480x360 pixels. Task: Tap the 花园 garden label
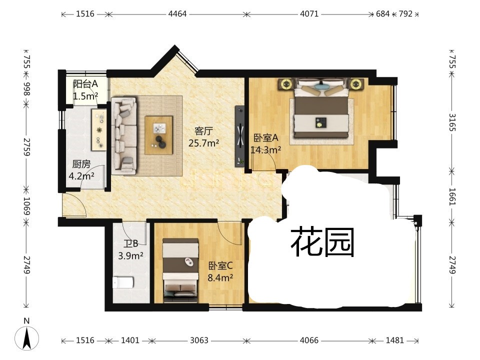point(322,242)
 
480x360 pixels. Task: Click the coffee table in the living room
point(159,135)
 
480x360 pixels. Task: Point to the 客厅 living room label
point(203,131)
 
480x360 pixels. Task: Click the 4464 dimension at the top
point(177,14)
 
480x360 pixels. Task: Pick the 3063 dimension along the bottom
point(199,340)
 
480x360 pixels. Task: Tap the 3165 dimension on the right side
point(452,122)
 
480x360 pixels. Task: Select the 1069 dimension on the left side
point(27,205)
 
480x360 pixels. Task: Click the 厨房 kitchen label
point(81,164)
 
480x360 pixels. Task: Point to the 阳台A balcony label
point(85,83)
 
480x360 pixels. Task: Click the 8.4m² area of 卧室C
point(220,277)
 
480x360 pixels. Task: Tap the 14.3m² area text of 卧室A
point(265,149)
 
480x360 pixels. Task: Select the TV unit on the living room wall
point(239,136)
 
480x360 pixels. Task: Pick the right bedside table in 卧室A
point(355,83)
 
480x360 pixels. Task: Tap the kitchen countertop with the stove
point(98,129)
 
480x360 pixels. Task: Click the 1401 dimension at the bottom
point(130,340)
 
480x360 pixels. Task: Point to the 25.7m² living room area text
point(203,143)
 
